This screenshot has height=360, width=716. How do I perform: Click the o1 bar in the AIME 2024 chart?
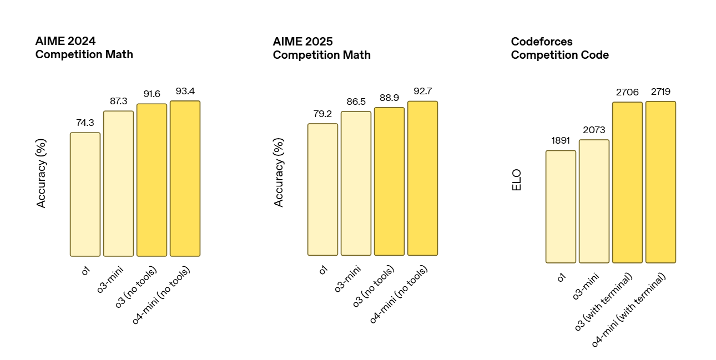[x=85, y=194]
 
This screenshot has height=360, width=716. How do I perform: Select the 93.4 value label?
[x=185, y=91]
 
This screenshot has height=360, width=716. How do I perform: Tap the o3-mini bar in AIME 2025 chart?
[x=356, y=183]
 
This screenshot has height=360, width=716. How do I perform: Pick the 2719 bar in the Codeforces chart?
[x=660, y=182]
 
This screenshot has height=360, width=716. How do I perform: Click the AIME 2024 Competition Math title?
[x=84, y=48]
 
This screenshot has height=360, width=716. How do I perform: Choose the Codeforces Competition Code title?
[x=559, y=48]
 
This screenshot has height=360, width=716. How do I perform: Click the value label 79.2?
[x=322, y=114]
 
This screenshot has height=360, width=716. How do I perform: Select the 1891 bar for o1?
[x=561, y=206]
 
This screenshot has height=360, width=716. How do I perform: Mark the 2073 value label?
[x=594, y=130]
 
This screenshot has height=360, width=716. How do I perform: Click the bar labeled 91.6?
[x=152, y=180]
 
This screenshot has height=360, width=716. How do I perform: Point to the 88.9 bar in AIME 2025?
[x=389, y=181]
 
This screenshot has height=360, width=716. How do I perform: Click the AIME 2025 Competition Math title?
[x=321, y=48]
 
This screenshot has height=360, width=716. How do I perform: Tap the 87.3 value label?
[x=118, y=101]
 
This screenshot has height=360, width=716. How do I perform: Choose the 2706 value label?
[x=627, y=92]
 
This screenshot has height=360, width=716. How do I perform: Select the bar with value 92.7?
[x=422, y=178]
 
